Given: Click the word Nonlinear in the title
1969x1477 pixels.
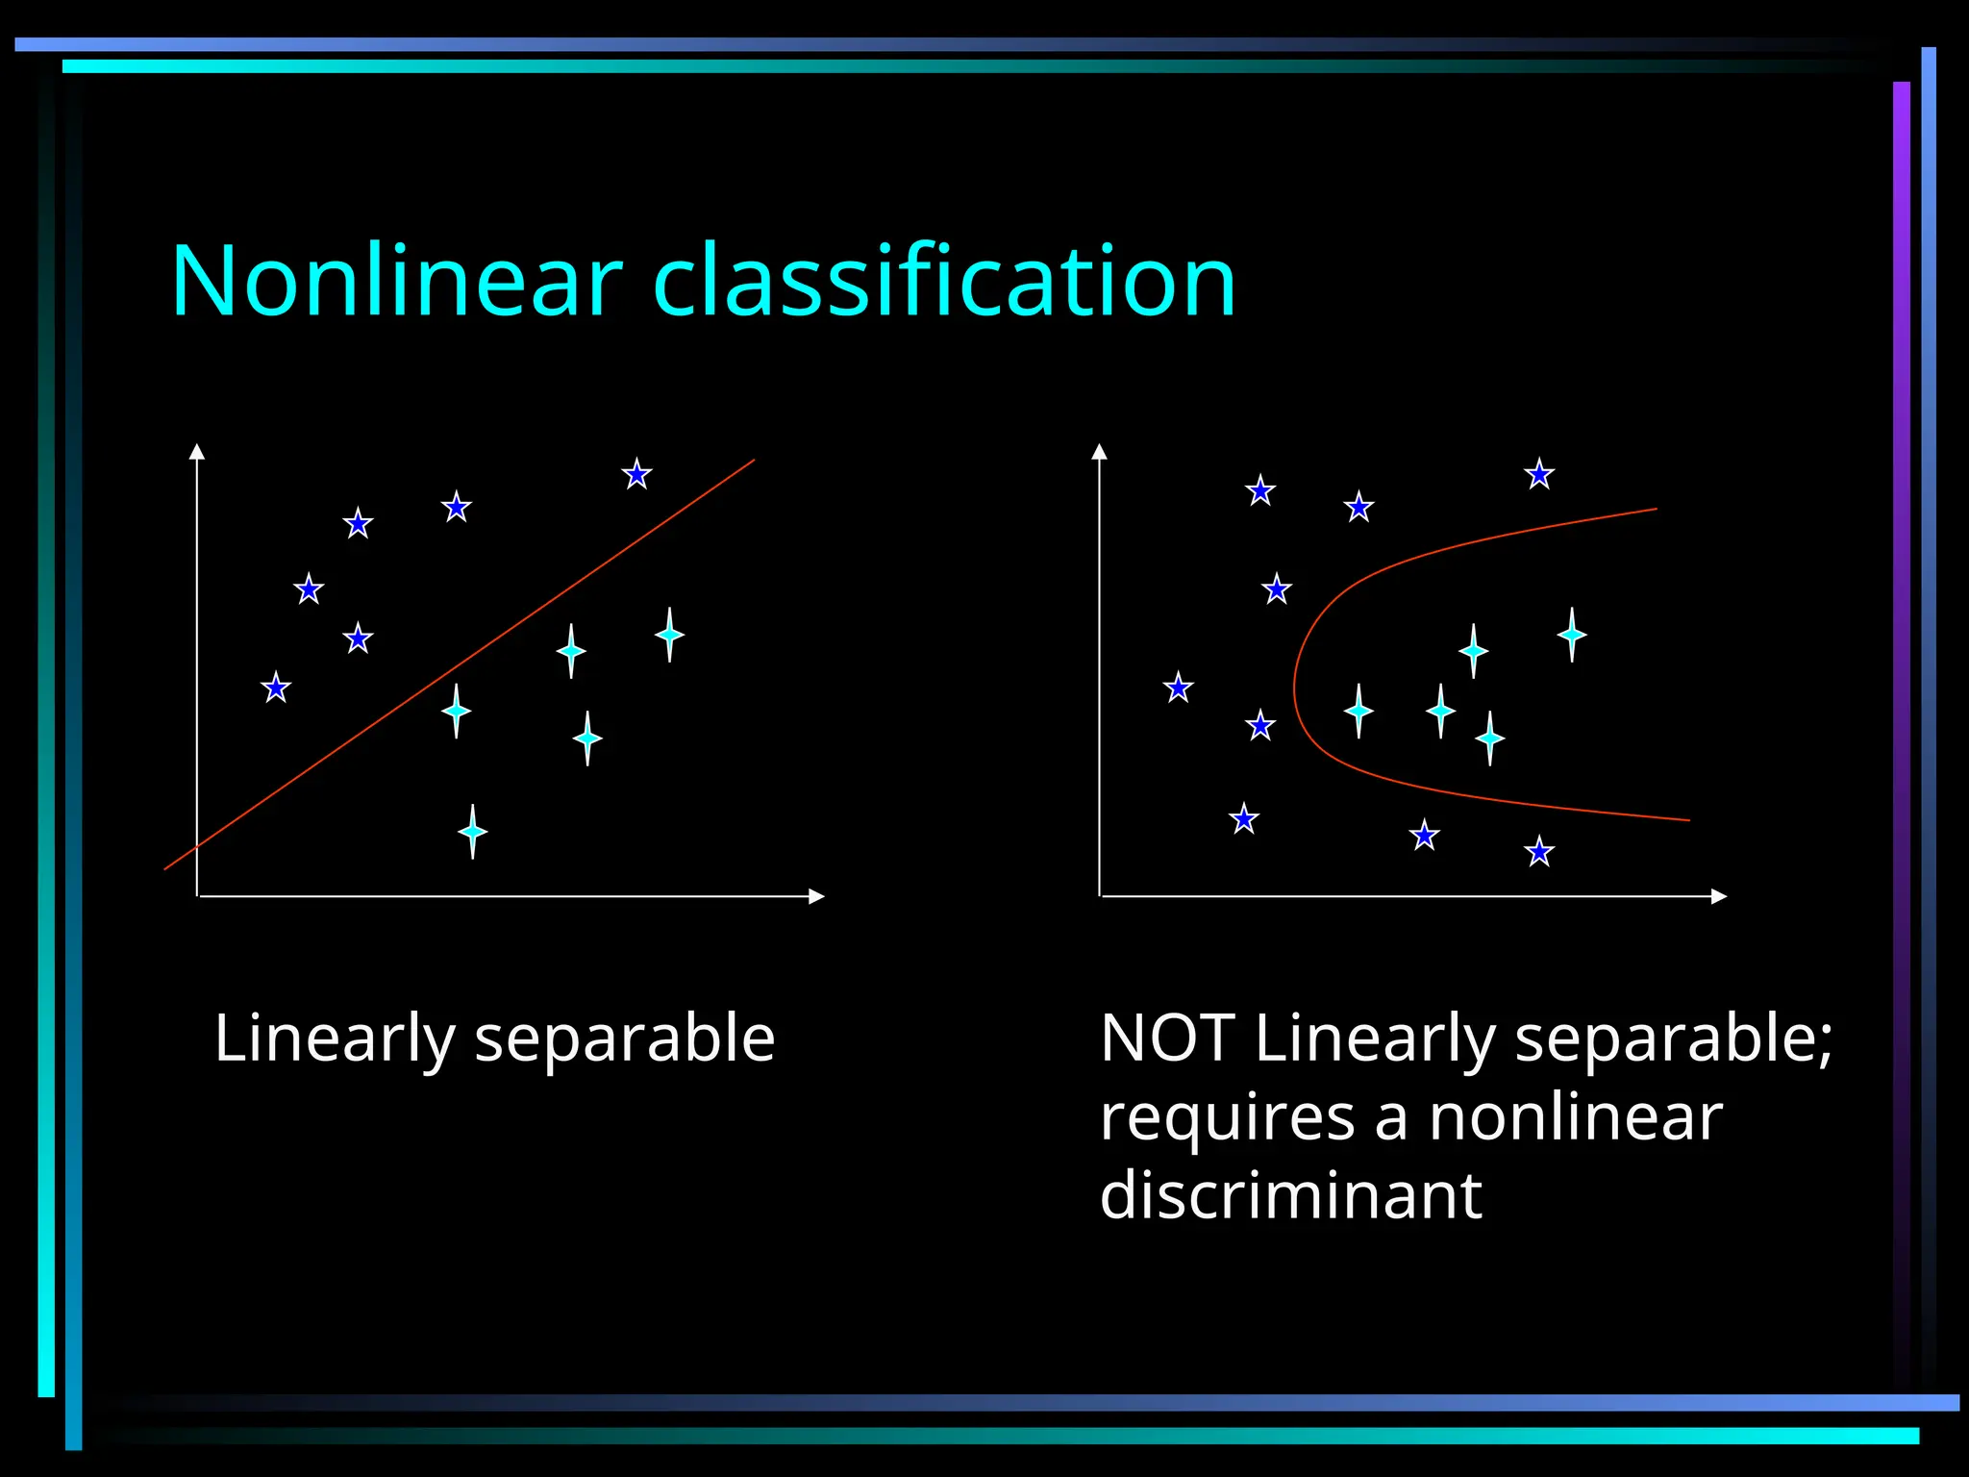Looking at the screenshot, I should (x=396, y=281).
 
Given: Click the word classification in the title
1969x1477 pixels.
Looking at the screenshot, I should (x=944, y=281).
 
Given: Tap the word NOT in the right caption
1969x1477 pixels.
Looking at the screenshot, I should (x=1166, y=1039).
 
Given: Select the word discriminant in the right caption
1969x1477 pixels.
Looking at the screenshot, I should (x=1290, y=1194).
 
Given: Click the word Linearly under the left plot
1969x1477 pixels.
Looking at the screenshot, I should (x=334, y=1040).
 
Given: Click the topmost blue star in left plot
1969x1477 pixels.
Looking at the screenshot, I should (x=636, y=474).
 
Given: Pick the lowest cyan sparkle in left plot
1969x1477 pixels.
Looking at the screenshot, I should (x=472, y=831).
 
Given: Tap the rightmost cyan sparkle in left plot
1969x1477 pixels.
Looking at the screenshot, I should (x=669, y=635).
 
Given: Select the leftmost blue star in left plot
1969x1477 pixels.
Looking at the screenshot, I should (x=276, y=688).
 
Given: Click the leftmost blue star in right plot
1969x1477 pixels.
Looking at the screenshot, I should (x=1178, y=688).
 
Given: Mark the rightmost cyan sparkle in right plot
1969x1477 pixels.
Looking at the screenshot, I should (x=1572, y=635).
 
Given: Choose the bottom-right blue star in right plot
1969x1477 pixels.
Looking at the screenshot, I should (x=1539, y=852).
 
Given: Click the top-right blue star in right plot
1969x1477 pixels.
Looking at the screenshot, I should (x=1539, y=474).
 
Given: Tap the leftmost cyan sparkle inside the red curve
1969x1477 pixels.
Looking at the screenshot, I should (x=1358, y=712).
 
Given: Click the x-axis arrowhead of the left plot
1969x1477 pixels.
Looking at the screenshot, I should (x=817, y=896).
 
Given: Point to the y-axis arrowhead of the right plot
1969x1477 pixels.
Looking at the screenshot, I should (x=1100, y=451).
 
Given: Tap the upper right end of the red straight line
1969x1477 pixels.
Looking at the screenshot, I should (x=753, y=461).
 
